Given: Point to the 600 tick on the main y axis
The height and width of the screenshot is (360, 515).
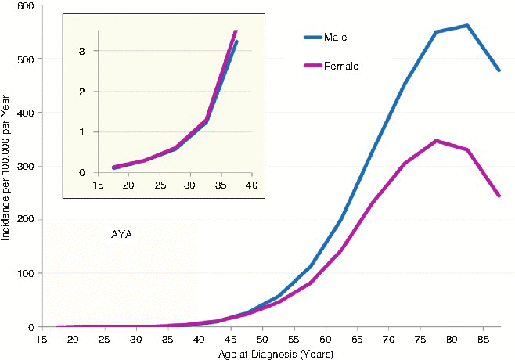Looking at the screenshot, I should tap(27, 6).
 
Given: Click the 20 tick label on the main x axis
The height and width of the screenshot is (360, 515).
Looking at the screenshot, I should tap(72, 340).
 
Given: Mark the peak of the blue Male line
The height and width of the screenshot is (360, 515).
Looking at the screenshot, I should tap(467, 26).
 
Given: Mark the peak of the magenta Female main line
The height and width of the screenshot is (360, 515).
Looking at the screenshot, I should tap(436, 141).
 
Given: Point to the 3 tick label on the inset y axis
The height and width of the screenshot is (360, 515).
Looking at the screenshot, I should tap(92, 51).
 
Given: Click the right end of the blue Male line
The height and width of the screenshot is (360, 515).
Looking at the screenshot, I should tap(499, 70).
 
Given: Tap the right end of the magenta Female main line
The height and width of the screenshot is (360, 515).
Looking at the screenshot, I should tap(499, 196).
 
